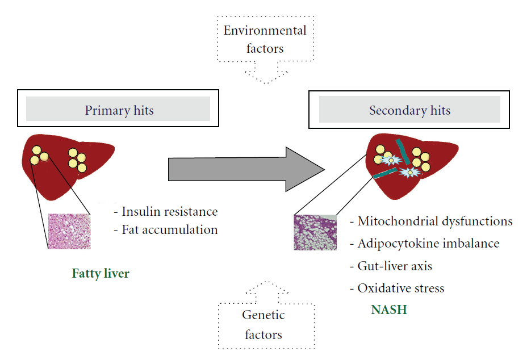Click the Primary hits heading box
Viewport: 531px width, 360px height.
tap(119, 110)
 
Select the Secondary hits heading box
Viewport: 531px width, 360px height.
tap(409, 110)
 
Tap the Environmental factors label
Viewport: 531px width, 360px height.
tap(265, 39)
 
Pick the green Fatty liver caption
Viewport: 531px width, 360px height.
tap(101, 274)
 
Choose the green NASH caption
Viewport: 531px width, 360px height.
tap(389, 310)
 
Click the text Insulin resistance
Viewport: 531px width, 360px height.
tap(169, 212)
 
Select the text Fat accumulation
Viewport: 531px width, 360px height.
tap(169, 230)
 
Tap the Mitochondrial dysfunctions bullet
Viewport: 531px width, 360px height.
tap(434, 221)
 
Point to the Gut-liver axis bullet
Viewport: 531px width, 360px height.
tap(395, 266)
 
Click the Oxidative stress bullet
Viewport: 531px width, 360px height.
tap(400, 288)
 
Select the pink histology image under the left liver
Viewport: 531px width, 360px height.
tap(69, 231)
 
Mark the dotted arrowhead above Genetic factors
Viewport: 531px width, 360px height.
tap(264, 287)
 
